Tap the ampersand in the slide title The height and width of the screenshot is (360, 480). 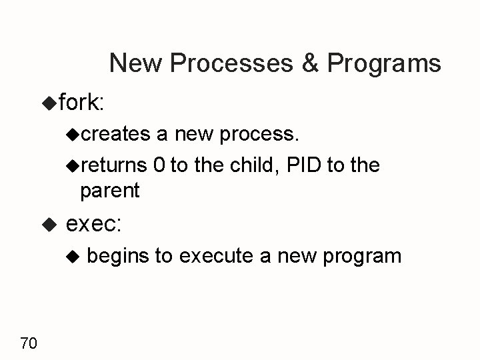tap(312, 63)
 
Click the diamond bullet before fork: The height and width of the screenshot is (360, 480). tap(49, 102)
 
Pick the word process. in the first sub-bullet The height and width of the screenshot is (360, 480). tap(260, 135)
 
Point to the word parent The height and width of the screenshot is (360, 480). tap(109, 191)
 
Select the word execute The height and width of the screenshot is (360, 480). tap(226, 256)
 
